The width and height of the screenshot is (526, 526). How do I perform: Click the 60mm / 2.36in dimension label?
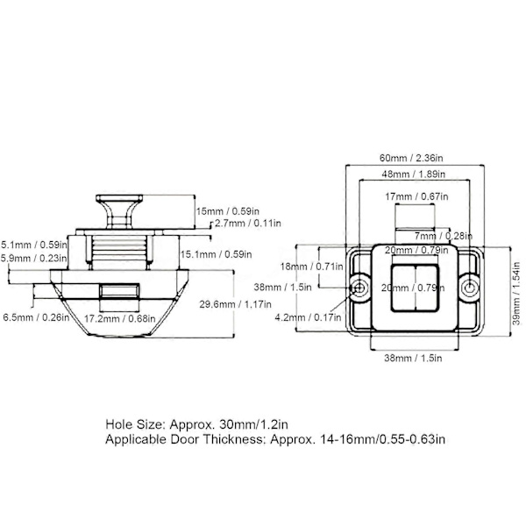[x=411, y=158]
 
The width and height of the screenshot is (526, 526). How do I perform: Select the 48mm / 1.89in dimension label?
[x=413, y=174]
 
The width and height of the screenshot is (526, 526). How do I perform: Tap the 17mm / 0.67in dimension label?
[x=416, y=196]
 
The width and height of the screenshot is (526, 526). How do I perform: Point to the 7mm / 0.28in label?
[x=443, y=236]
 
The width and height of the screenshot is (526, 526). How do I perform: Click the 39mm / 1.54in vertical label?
[x=516, y=294]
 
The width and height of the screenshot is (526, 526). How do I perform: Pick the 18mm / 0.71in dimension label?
[x=311, y=267]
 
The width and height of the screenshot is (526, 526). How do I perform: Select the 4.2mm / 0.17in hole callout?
[x=308, y=317]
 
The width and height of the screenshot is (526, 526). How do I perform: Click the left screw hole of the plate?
[x=359, y=288]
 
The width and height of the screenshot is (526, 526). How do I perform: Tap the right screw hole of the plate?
[x=469, y=288]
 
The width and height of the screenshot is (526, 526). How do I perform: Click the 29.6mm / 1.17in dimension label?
[x=235, y=304]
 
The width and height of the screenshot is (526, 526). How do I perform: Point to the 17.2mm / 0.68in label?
[x=120, y=318]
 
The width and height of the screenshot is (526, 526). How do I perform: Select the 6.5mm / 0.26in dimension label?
[x=36, y=317]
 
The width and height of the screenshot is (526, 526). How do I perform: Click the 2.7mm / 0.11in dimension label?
[x=248, y=223]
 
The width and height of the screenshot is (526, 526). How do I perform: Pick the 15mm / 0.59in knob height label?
[x=227, y=211]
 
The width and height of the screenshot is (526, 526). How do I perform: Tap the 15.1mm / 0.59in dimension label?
[x=216, y=254]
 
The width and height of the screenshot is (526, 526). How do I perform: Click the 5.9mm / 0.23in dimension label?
[x=34, y=259]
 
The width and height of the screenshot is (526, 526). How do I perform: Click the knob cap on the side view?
[x=119, y=198]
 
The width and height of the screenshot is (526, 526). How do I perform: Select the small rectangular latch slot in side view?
[x=119, y=291]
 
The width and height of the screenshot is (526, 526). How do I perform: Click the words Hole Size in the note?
[x=135, y=424]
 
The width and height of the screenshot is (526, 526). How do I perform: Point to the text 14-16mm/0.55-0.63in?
[x=382, y=439]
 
